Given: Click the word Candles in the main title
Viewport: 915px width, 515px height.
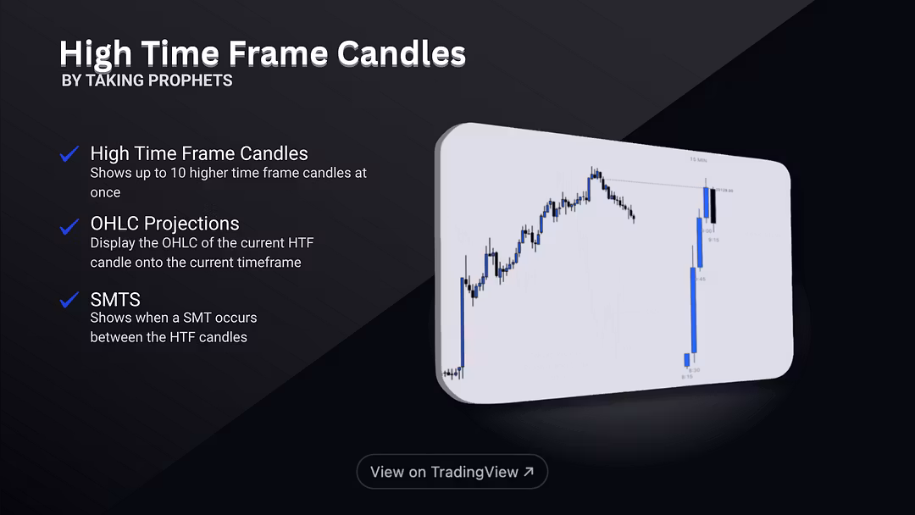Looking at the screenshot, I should tap(401, 53).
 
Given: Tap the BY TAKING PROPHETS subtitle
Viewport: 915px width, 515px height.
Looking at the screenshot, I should tap(147, 80).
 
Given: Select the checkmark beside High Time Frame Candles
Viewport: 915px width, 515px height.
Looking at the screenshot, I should tap(69, 154).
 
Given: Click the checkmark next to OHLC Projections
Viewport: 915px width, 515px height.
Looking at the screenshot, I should tap(69, 226).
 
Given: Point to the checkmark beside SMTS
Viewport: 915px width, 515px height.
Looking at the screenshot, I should tap(69, 300).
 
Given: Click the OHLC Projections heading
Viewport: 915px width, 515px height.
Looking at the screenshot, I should tap(164, 224).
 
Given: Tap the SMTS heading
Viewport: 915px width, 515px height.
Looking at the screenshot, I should tap(115, 299).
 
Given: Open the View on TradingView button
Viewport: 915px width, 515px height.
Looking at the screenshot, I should tap(452, 472).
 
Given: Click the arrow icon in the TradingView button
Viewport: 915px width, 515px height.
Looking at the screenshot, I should tap(529, 472).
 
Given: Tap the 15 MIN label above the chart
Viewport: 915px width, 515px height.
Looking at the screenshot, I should tap(698, 159).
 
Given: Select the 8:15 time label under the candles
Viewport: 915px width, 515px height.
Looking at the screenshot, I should tap(686, 377).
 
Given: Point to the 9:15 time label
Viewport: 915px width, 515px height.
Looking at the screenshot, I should tap(714, 240).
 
